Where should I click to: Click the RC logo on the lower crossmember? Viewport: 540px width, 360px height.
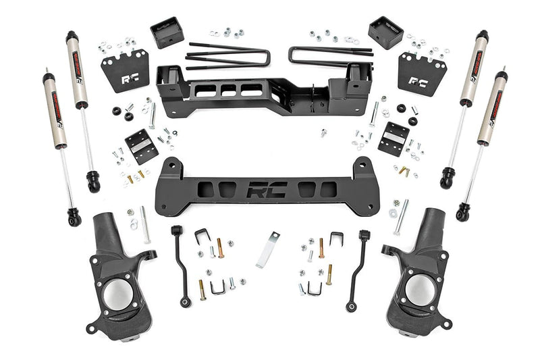click(x=266, y=191)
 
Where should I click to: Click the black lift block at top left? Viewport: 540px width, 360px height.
click(x=167, y=32)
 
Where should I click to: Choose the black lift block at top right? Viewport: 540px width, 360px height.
click(x=385, y=32)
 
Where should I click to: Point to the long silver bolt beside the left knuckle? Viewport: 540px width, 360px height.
click(x=145, y=226)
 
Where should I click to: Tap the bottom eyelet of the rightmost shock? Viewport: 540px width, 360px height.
click(x=462, y=214)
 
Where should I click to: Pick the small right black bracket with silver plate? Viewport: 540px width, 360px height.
click(x=393, y=138)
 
